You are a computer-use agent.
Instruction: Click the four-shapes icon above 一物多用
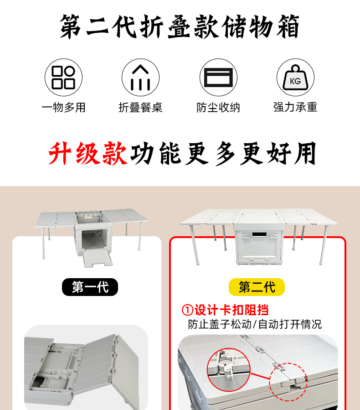tap(63, 78)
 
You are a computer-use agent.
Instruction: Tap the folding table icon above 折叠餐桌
tap(140, 78)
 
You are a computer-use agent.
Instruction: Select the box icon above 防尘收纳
tap(218, 78)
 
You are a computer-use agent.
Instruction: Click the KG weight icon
tap(295, 78)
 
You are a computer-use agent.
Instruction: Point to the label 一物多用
tap(63, 108)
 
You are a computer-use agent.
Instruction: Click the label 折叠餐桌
tap(140, 108)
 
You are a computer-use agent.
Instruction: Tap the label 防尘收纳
tap(218, 108)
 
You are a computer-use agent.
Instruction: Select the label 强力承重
tap(295, 107)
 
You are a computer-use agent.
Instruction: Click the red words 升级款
tap(88, 154)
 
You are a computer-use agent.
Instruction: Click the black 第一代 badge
tap(90, 287)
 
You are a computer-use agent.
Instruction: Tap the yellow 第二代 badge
tap(257, 287)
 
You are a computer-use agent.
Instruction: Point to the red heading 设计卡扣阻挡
tap(232, 310)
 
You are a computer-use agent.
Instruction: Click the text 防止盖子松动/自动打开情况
tap(255, 324)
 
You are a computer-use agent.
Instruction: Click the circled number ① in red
tap(187, 311)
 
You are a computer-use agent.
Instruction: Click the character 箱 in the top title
tap(288, 26)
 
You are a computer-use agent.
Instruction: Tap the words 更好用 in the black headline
tap(278, 154)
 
